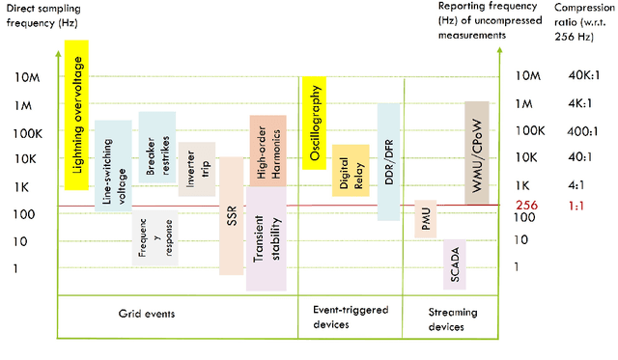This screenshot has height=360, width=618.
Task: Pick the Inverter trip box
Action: point(196,168)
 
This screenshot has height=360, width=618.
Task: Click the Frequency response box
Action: point(154,237)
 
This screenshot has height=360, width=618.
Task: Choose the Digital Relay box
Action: point(351,172)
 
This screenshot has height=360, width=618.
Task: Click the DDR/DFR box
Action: point(388,161)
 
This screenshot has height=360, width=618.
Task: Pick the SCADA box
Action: point(454,263)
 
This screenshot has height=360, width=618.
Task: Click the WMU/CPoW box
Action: point(480,152)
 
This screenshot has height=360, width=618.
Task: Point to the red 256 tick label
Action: point(526,206)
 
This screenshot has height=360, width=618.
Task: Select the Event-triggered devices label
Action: point(350,317)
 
